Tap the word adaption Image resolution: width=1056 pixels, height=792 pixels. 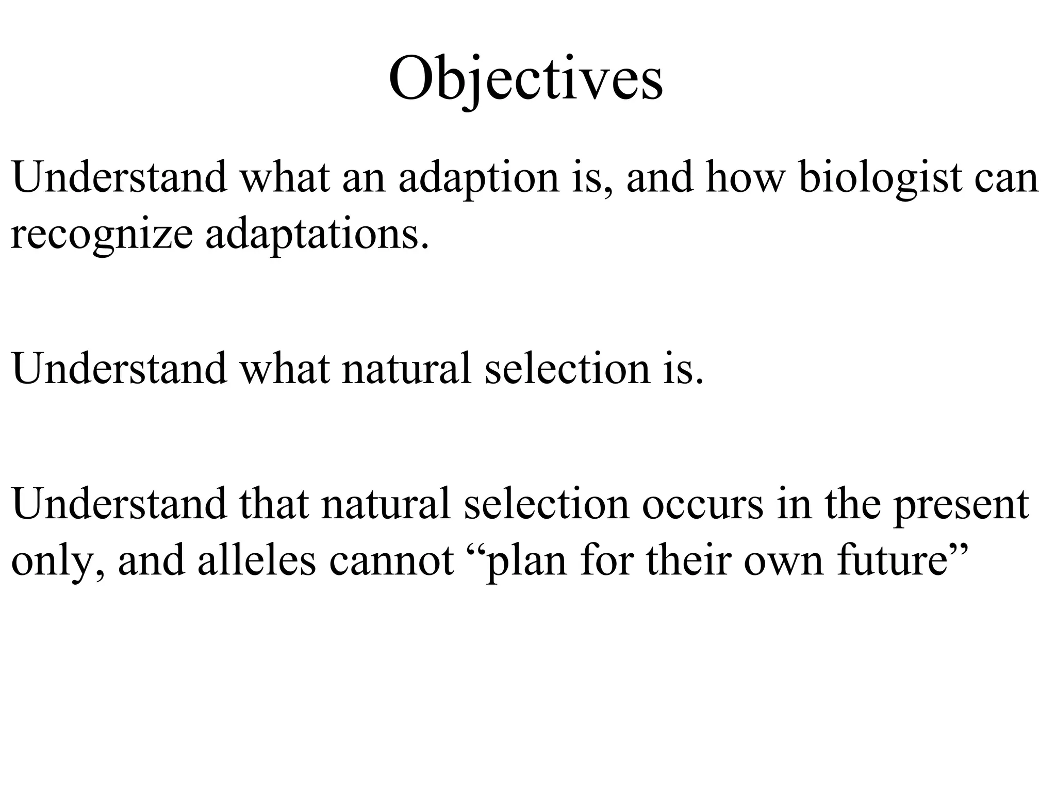point(479,178)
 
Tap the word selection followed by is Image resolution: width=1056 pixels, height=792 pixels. point(568,369)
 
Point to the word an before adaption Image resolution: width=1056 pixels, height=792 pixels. point(364,178)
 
